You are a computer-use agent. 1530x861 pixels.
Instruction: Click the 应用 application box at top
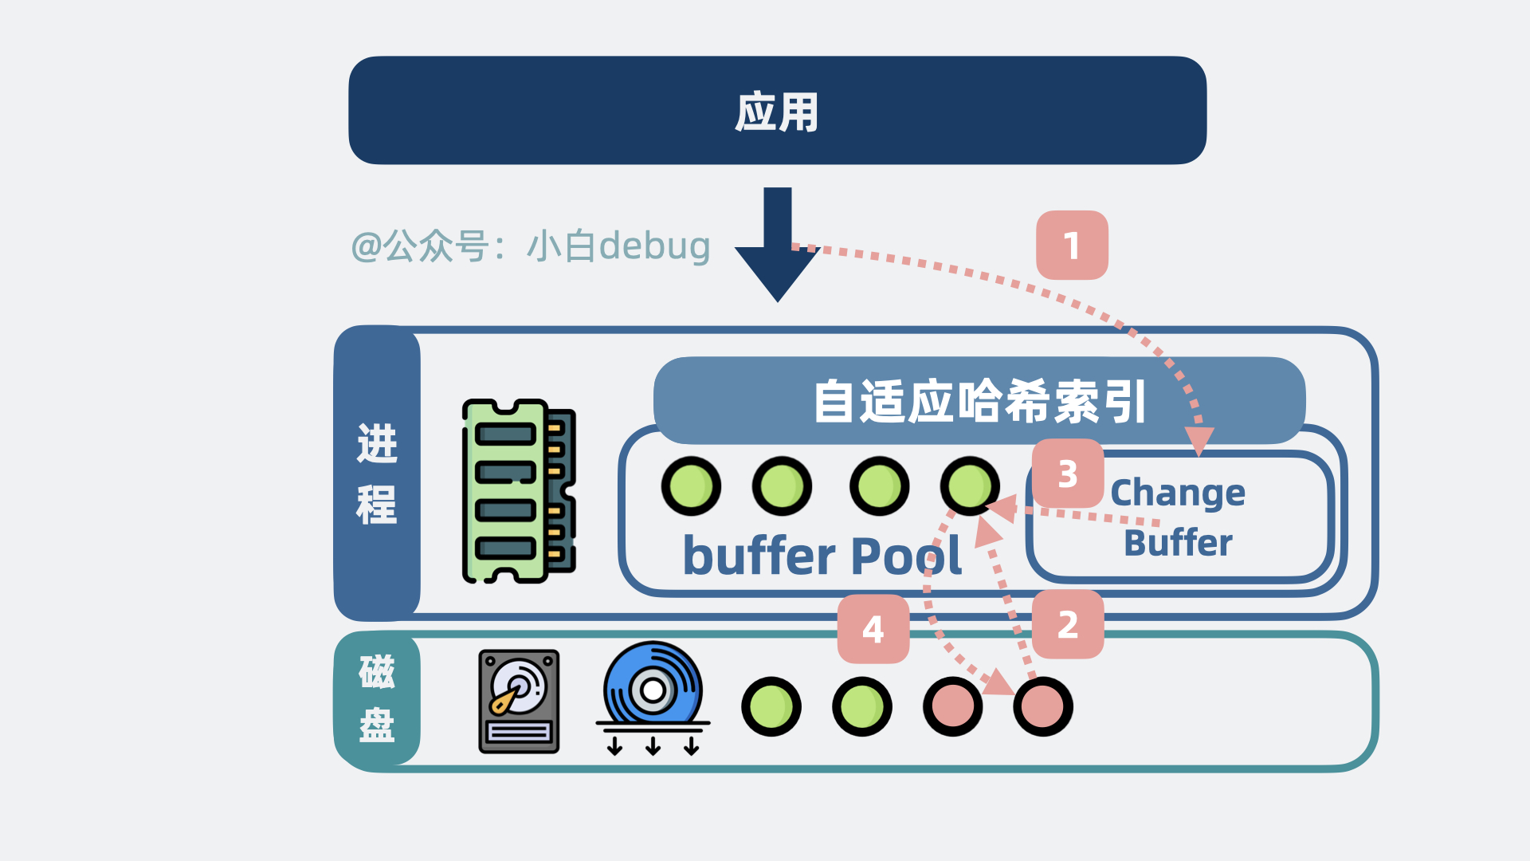point(777,111)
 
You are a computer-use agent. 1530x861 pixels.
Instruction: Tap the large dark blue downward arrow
point(777,247)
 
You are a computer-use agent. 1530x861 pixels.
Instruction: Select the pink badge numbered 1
point(1072,246)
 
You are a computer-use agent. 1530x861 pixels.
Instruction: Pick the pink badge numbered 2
point(1068,625)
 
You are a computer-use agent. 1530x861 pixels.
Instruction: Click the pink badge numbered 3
point(1068,474)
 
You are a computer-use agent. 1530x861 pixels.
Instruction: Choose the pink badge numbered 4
point(873,630)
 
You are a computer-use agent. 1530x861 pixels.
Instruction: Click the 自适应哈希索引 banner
point(979,401)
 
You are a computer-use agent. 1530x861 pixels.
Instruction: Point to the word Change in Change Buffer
point(1178,493)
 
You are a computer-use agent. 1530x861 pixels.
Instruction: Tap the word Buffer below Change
point(1178,543)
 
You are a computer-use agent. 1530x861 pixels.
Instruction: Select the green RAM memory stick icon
point(519,491)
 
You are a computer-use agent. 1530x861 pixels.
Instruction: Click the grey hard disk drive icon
point(519,702)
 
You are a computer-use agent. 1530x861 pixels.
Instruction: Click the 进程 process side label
point(377,474)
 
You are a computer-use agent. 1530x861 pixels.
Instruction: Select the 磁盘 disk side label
point(377,698)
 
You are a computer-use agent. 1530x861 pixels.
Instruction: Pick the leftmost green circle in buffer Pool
point(691,486)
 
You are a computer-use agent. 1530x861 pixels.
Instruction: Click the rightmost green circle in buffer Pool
point(970,486)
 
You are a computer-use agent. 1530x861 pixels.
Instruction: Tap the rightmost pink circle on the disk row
point(1043,706)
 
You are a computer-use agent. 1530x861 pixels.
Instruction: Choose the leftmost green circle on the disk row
point(771,706)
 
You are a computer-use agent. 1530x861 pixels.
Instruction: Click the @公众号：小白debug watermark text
point(531,246)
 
